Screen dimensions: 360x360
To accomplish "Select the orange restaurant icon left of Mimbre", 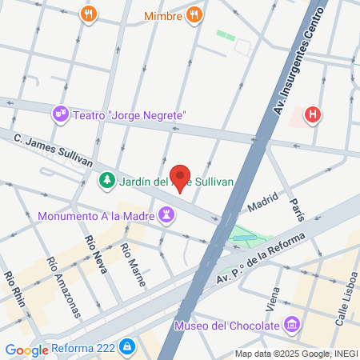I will pyautogui.click(x=89, y=14).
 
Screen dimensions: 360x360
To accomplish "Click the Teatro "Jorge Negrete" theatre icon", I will pyautogui.click(x=61, y=115).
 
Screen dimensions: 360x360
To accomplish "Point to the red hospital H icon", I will pyautogui.click(x=313, y=115).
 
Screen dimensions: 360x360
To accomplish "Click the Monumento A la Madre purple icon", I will pyautogui.click(x=166, y=214).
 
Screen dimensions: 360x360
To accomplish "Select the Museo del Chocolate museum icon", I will pyautogui.click(x=293, y=326).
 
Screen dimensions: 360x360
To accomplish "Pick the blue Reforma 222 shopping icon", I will pyautogui.click(x=126, y=348).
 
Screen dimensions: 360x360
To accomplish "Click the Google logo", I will pyautogui.click(x=26, y=350).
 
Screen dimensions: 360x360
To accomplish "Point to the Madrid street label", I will pyautogui.click(x=262, y=206).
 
